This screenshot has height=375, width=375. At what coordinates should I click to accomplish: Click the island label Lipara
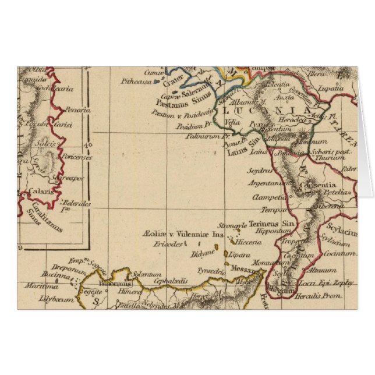[240, 255]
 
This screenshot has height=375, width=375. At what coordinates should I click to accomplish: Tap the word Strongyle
[233, 226]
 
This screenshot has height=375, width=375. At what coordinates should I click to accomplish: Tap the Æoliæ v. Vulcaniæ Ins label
[182, 235]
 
